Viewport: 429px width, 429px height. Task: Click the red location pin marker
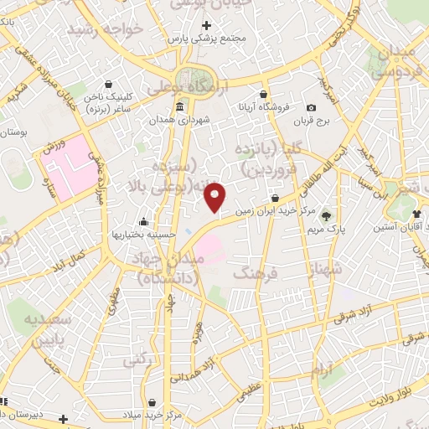point(216,197)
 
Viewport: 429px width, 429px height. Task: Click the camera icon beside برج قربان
point(311,107)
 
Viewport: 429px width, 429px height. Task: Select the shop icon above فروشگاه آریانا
point(264,94)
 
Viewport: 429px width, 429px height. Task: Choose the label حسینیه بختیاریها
point(144,235)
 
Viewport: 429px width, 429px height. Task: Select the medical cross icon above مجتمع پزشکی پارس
point(207,26)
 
